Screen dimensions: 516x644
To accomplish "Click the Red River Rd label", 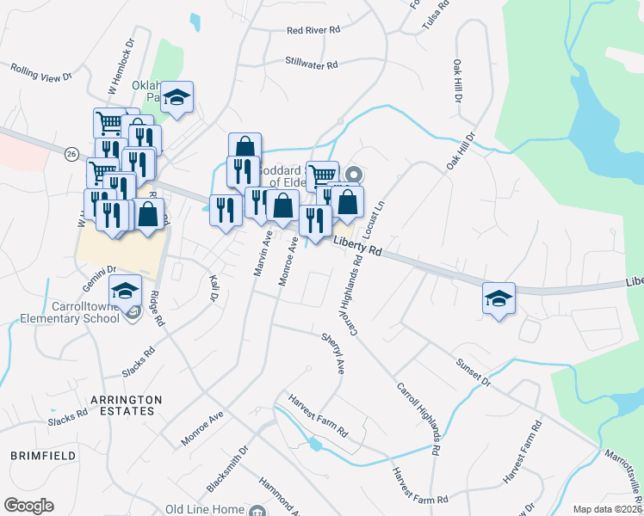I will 315,30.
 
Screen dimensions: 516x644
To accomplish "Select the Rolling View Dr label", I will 40,72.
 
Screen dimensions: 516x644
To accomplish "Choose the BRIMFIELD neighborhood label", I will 37,453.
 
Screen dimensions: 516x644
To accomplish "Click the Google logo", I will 28,506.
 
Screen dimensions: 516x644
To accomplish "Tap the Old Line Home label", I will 205,510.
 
